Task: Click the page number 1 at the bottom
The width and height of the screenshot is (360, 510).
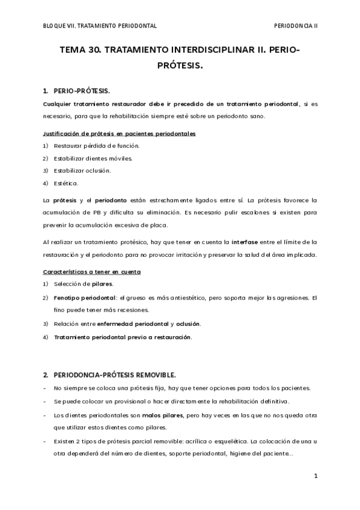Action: pos(315,476)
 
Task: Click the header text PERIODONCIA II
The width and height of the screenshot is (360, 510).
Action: pos(295,26)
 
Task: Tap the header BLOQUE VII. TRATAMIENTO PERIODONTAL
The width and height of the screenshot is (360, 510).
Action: pos(100,26)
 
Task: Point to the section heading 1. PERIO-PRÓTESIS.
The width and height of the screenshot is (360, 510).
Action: pos(76,91)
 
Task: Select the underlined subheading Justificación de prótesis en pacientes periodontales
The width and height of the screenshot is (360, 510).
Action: pos(118,133)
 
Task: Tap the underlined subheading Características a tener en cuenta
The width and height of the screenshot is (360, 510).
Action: pos(92,272)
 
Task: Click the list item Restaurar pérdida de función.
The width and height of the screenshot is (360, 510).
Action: pos(96,146)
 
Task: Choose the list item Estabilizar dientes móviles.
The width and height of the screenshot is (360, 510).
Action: pos(93,158)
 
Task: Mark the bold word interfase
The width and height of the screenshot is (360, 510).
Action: pos(245,241)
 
